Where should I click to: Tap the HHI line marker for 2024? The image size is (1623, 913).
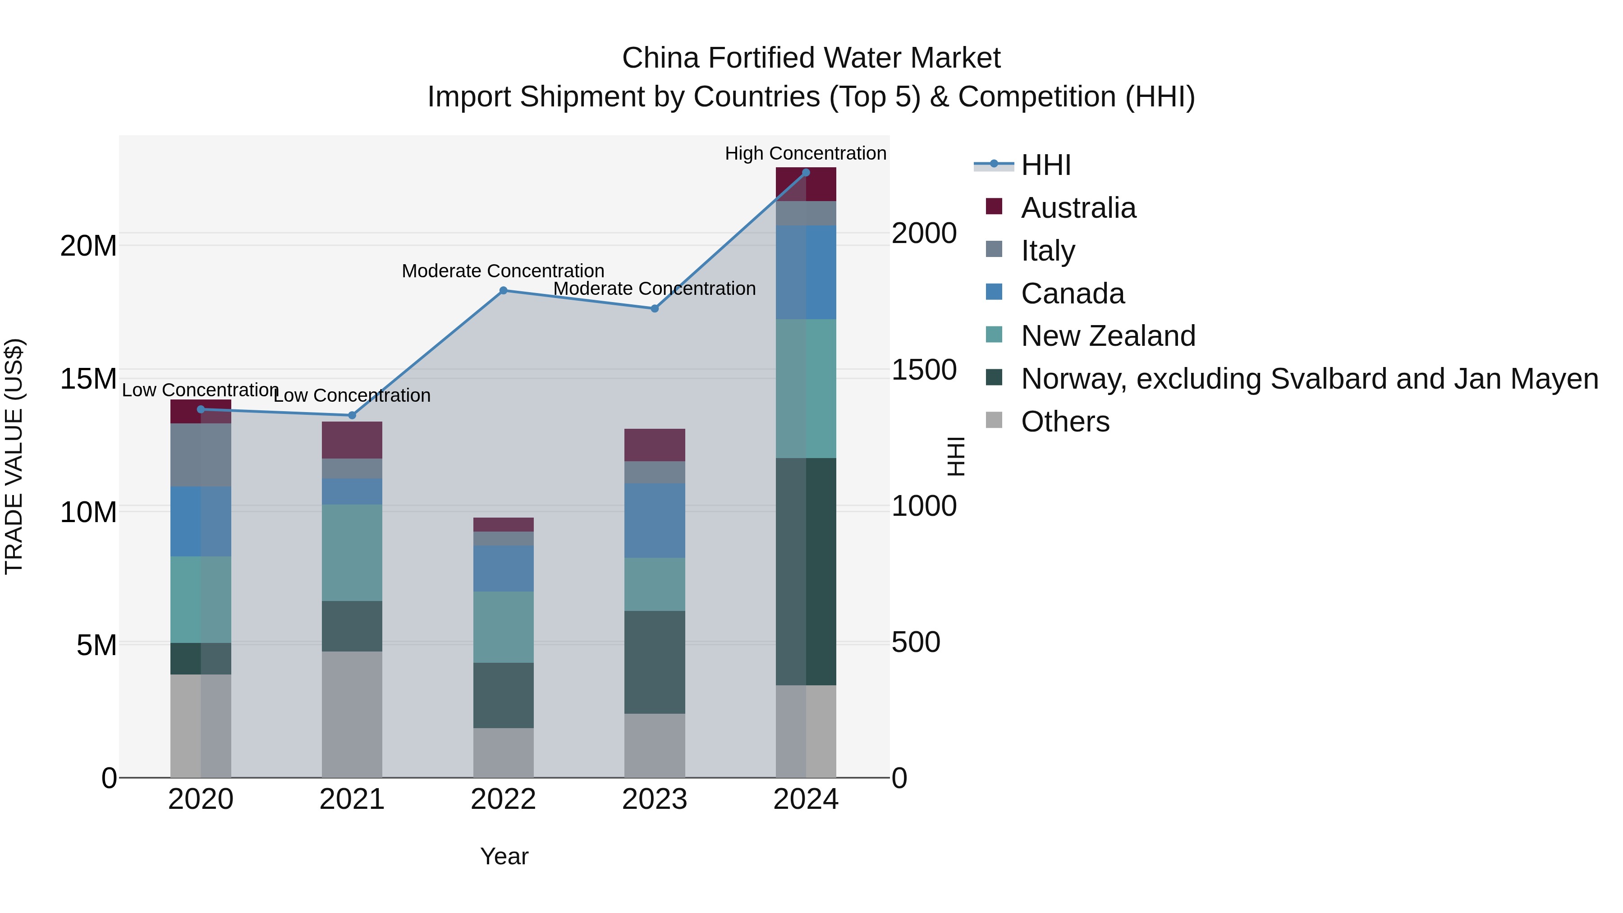coord(805,172)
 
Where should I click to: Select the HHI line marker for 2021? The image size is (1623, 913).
coord(352,415)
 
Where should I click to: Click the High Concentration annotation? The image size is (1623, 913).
coord(805,153)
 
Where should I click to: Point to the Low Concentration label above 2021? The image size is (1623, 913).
coord(352,396)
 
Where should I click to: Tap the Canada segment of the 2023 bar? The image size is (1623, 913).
coord(654,520)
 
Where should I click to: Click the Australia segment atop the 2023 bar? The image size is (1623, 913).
coord(654,445)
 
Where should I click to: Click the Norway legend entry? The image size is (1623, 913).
coord(1309,379)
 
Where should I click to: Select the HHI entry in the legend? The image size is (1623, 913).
coord(1046,165)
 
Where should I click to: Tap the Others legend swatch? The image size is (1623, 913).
coord(994,420)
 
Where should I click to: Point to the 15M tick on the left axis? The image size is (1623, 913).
coord(88,379)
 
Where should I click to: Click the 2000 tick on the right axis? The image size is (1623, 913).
coord(924,233)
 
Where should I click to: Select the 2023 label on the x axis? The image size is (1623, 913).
coord(654,799)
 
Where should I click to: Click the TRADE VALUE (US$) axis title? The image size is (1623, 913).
coord(14,456)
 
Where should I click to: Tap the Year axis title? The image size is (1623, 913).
coord(504,856)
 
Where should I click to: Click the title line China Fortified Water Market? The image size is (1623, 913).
coord(811,58)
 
